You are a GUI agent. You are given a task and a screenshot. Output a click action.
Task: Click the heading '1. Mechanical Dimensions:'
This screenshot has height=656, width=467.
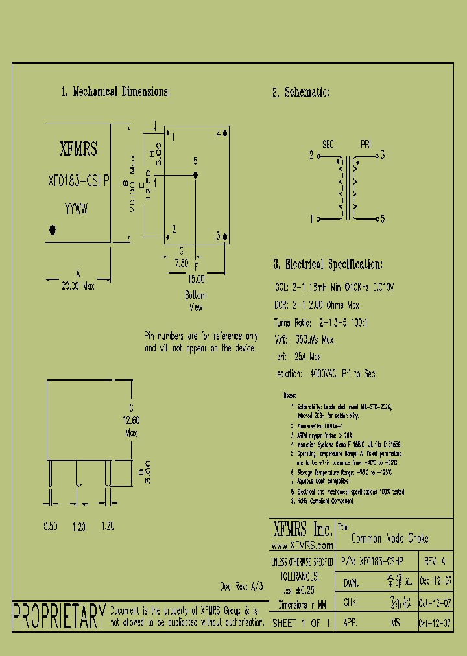click(x=115, y=92)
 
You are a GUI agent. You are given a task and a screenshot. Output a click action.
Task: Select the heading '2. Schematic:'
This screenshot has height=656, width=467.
click(x=301, y=93)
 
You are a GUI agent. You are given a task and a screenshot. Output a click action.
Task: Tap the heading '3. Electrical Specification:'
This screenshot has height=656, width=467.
click(x=328, y=264)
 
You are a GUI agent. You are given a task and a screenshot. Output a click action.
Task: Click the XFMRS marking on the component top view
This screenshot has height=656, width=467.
click(x=78, y=150)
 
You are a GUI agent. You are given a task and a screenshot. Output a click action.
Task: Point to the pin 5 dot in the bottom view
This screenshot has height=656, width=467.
click(x=196, y=175)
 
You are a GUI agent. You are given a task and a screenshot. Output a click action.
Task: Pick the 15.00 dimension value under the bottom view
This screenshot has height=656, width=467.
click(x=196, y=279)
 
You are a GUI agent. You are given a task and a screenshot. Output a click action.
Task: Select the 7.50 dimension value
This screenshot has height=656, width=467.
click(x=182, y=263)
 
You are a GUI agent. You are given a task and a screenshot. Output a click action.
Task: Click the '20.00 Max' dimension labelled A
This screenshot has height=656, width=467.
click(x=78, y=285)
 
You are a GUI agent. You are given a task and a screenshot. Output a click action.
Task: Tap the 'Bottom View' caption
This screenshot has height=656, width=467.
click(x=196, y=301)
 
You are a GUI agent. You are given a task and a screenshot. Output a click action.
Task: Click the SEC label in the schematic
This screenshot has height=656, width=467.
click(x=328, y=144)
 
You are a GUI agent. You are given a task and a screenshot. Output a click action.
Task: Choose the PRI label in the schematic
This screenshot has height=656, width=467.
click(x=366, y=144)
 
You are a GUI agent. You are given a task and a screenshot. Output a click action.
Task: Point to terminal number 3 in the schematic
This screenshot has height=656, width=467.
click(x=383, y=155)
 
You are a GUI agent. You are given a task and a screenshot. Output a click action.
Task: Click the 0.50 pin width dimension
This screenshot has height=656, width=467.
click(x=51, y=527)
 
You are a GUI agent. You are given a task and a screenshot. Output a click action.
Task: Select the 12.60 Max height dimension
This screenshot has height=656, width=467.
click(x=131, y=426)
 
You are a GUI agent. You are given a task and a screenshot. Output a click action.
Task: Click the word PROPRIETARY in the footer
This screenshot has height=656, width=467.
click(x=59, y=616)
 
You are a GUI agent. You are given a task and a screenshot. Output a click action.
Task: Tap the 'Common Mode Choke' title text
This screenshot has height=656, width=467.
click(x=390, y=539)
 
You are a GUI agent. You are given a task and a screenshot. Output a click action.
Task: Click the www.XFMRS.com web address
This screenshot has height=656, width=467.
click(x=302, y=546)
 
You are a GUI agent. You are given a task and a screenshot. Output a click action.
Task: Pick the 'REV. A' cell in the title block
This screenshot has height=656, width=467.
click(x=434, y=561)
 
